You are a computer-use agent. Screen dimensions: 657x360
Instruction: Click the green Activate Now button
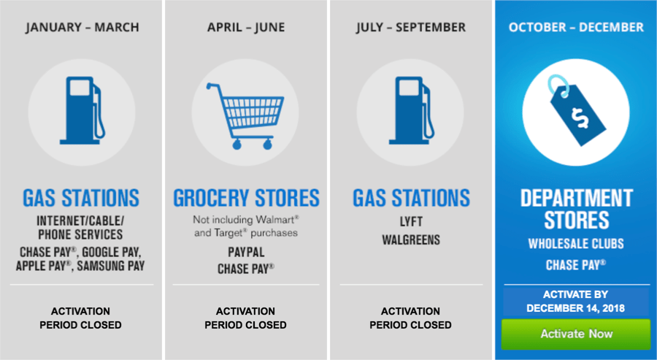[x=576, y=334]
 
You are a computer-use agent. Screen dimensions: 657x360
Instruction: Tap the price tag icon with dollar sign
[x=577, y=112]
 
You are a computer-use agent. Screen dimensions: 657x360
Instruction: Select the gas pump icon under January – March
[x=82, y=111]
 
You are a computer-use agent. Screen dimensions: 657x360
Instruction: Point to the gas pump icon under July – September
[x=411, y=111]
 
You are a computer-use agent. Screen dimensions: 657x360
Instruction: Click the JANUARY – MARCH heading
[x=82, y=28]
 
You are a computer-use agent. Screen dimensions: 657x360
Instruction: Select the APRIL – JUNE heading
[x=246, y=28]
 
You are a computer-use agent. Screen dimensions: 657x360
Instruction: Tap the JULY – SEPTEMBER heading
[x=411, y=28]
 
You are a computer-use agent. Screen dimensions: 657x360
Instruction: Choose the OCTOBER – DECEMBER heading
[x=576, y=28]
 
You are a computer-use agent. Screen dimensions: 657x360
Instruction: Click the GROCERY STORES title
[x=247, y=198]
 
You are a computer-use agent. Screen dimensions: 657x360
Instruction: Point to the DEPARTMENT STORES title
[x=576, y=209]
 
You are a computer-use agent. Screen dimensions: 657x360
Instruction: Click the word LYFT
[x=411, y=221]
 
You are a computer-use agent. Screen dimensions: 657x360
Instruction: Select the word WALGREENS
[x=411, y=240]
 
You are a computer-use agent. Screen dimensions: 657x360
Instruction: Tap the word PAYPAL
[x=246, y=253]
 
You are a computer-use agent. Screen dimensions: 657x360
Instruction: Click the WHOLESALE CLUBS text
[x=576, y=244]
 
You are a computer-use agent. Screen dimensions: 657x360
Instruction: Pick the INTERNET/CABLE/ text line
[x=81, y=221]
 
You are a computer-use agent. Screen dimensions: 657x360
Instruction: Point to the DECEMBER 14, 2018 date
[x=576, y=308]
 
